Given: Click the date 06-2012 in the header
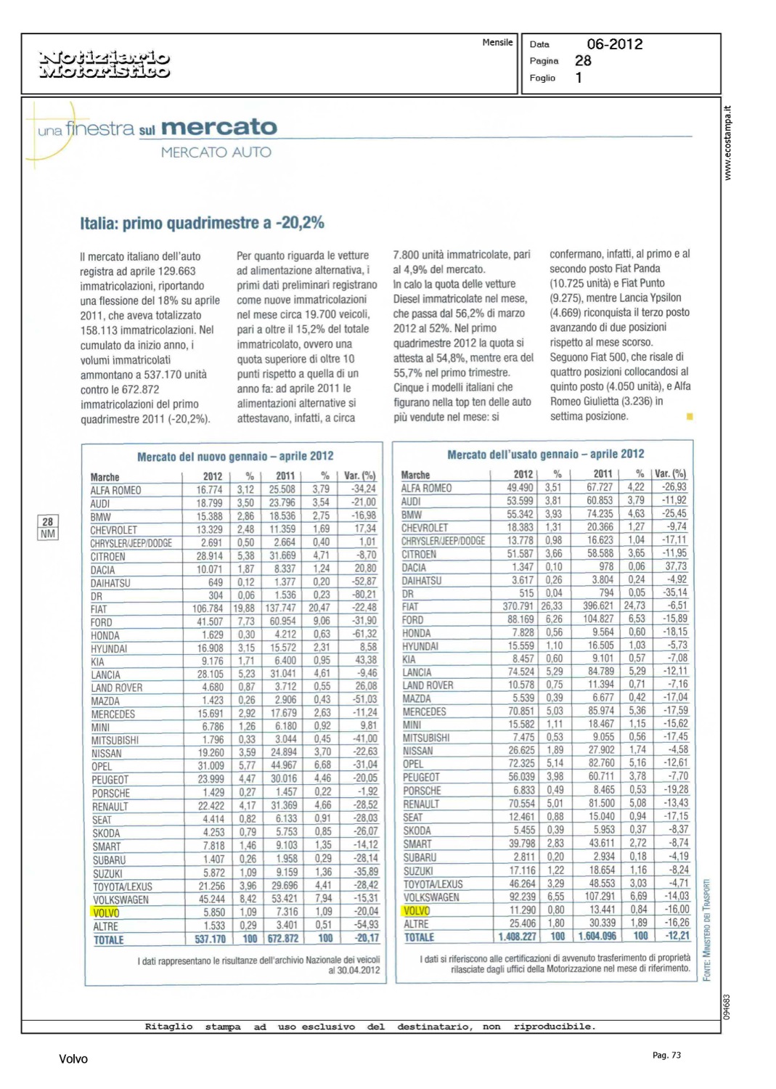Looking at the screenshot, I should coord(614,44).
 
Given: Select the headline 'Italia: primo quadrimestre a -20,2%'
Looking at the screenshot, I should coord(202,223).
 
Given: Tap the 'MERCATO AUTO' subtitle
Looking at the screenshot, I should coord(216,152).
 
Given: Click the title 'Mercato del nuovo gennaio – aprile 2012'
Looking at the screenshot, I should coord(235,456).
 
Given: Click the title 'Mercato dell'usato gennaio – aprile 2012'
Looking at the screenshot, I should coord(545,454).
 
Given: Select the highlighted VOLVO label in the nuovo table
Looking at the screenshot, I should coord(106,913).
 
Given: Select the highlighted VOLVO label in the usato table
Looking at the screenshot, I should coord(417,910).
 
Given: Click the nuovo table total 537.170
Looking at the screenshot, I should coord(210,939).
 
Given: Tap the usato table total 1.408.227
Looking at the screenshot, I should coord(517,937).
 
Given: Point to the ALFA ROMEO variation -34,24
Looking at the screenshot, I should coord(362,489).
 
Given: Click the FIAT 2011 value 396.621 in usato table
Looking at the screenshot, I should coord(597,605).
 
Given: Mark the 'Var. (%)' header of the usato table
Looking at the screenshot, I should coord(670,473).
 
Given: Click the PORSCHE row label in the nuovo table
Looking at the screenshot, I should coord(111,794).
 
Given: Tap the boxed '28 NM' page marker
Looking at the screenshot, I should coord(48,528).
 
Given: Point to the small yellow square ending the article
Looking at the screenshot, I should coord(690,417).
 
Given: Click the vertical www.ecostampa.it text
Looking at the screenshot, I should coord(728,144).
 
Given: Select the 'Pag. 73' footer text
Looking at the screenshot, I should coord(666,1055).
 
